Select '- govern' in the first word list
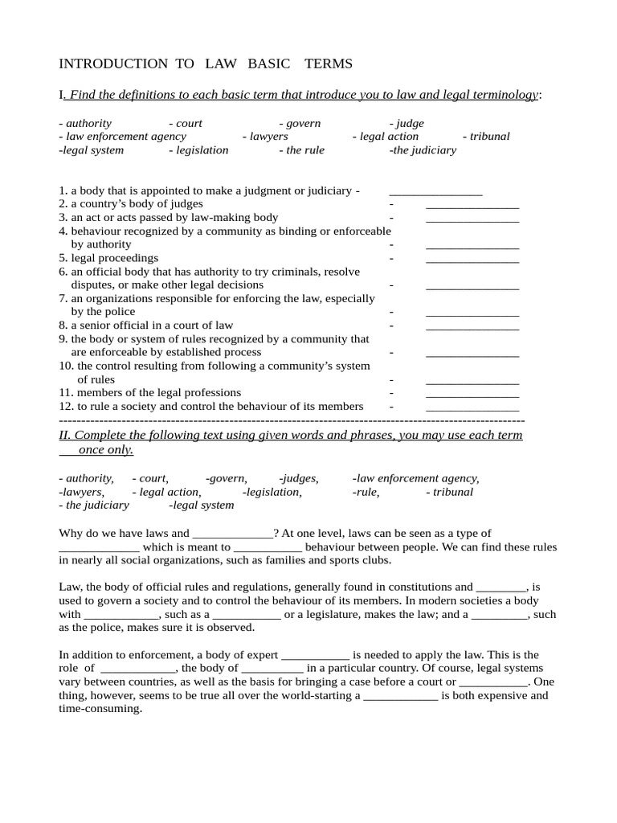pos(300,123)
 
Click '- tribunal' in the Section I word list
pos(486,137)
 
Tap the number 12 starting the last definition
pos(66,407)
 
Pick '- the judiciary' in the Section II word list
pos(94,506)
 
